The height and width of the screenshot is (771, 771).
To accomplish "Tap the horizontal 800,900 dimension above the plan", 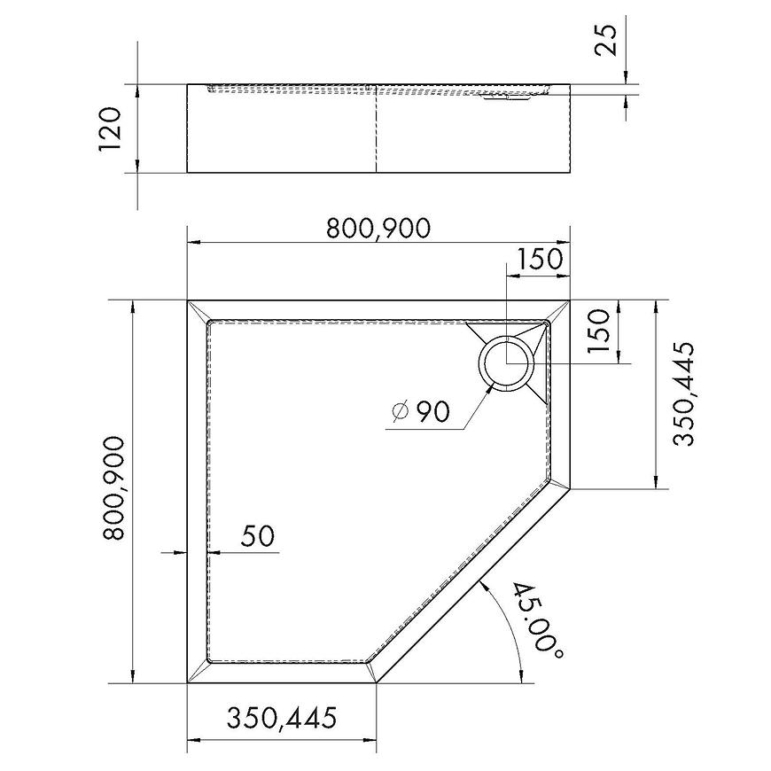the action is (x=378, y=228).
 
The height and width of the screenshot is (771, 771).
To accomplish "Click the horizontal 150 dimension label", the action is (x=538, y=259).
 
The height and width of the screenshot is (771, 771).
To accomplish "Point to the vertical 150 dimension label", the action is (x=598, y=331).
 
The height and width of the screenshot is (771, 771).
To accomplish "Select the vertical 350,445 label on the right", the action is (x=684, y=393).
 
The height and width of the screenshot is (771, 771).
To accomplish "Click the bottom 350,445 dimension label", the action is (x=282, y=718).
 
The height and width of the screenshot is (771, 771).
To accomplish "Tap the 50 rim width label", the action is (x=258, y=536).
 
